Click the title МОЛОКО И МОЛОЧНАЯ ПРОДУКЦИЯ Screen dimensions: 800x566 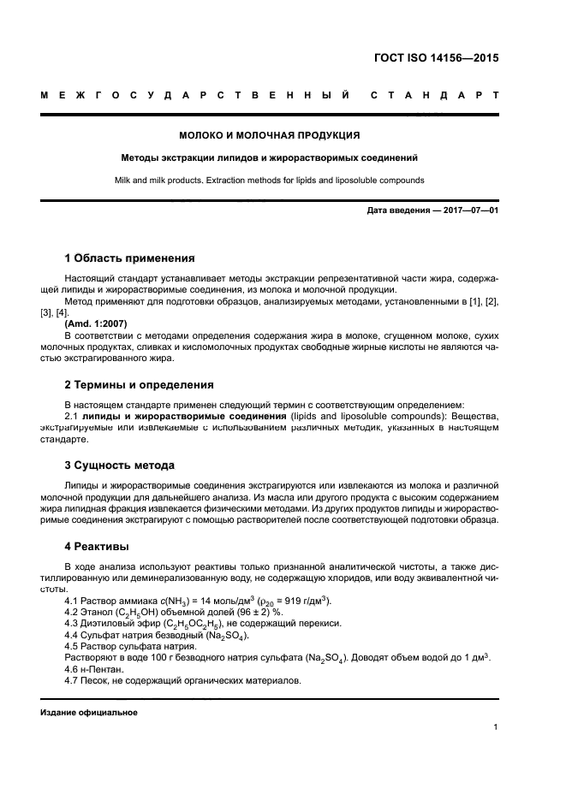(269, 135)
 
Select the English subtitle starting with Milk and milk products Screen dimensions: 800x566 (269, 180)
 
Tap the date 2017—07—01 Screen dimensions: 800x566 (469, 210)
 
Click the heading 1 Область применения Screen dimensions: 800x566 (129, 258)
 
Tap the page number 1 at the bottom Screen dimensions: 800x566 (496, 727)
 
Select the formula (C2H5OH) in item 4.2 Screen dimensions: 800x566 (141, 613)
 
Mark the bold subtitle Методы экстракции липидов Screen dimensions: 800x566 (269, 157)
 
